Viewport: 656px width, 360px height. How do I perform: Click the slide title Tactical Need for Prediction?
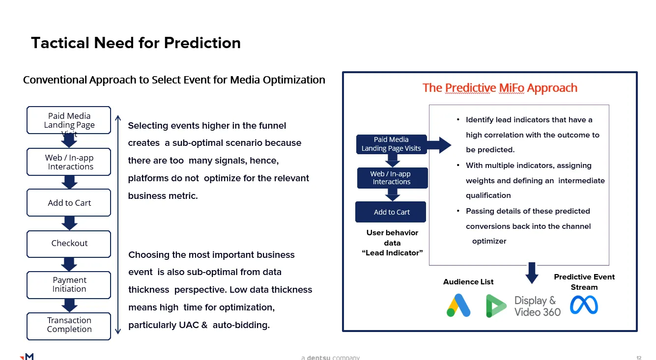tap(136, 43)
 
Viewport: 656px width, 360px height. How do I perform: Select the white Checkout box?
tap(69, 244)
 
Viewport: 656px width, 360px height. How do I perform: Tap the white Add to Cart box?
tap(69, 203)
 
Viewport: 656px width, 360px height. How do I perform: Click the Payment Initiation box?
tap(69, 285)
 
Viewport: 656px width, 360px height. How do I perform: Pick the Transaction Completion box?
tap(69, 325)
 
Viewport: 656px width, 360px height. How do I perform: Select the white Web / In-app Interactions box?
tap(69, 163)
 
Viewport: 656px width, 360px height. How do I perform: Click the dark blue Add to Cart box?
tap(391, 212)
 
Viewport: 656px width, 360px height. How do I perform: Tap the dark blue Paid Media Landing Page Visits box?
tap(391, 144)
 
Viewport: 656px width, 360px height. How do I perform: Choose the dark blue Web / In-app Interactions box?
tap(392, 178)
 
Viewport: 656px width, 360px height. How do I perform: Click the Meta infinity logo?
tap(584, 305)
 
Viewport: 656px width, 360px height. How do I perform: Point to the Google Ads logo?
tap(458, 305)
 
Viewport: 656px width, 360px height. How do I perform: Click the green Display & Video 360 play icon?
tap(495, 306)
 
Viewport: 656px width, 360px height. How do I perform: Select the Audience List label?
tap(468, 282)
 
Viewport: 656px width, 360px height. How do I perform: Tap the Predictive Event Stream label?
tap(584, 282)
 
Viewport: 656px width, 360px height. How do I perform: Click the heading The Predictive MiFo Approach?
tap(499, 88)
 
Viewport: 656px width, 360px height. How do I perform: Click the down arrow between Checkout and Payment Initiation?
tap(69, 264)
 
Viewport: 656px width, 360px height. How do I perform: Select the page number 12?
tap(638, 358)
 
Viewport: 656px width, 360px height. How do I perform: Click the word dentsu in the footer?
tap(318, 358)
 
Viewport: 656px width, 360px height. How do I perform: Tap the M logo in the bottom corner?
tap(27, 357)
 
